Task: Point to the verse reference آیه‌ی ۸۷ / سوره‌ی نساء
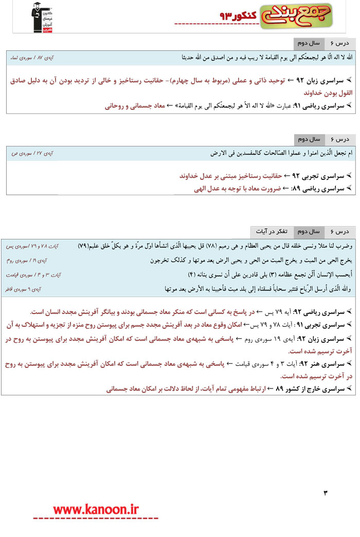tap(32, 57)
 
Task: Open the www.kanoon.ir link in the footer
tap(96, 509)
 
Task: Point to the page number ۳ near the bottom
tap(325, 494)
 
